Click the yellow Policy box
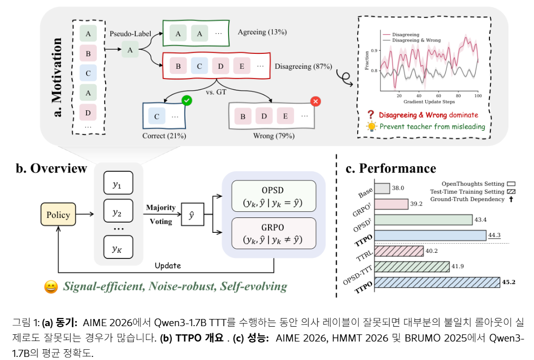click(x=58, y=214)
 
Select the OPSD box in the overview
click(x=274, y=196)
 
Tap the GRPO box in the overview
click(x=274, y=233)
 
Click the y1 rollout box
click(x=118, y=183)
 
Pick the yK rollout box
click(x=118, y=247)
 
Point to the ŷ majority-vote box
click(x=192, y=214)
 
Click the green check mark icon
click(x=187, y=100)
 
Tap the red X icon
click(x=316, y=101)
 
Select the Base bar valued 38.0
click(x=382, y=189)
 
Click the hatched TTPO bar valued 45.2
click(x=437, y=282)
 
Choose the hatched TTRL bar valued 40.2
click(x=399, y=251)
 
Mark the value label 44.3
click(x=494, y=235)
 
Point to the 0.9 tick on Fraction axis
click(x=374, y=50)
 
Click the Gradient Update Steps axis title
click(x=429, y=102)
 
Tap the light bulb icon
click(x=371, y=127)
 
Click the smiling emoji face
click(x=51, y=287)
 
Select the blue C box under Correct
click(x=157, y=116)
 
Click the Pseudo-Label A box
click(x=130, y=50)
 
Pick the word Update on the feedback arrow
click(x=168, y=266)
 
